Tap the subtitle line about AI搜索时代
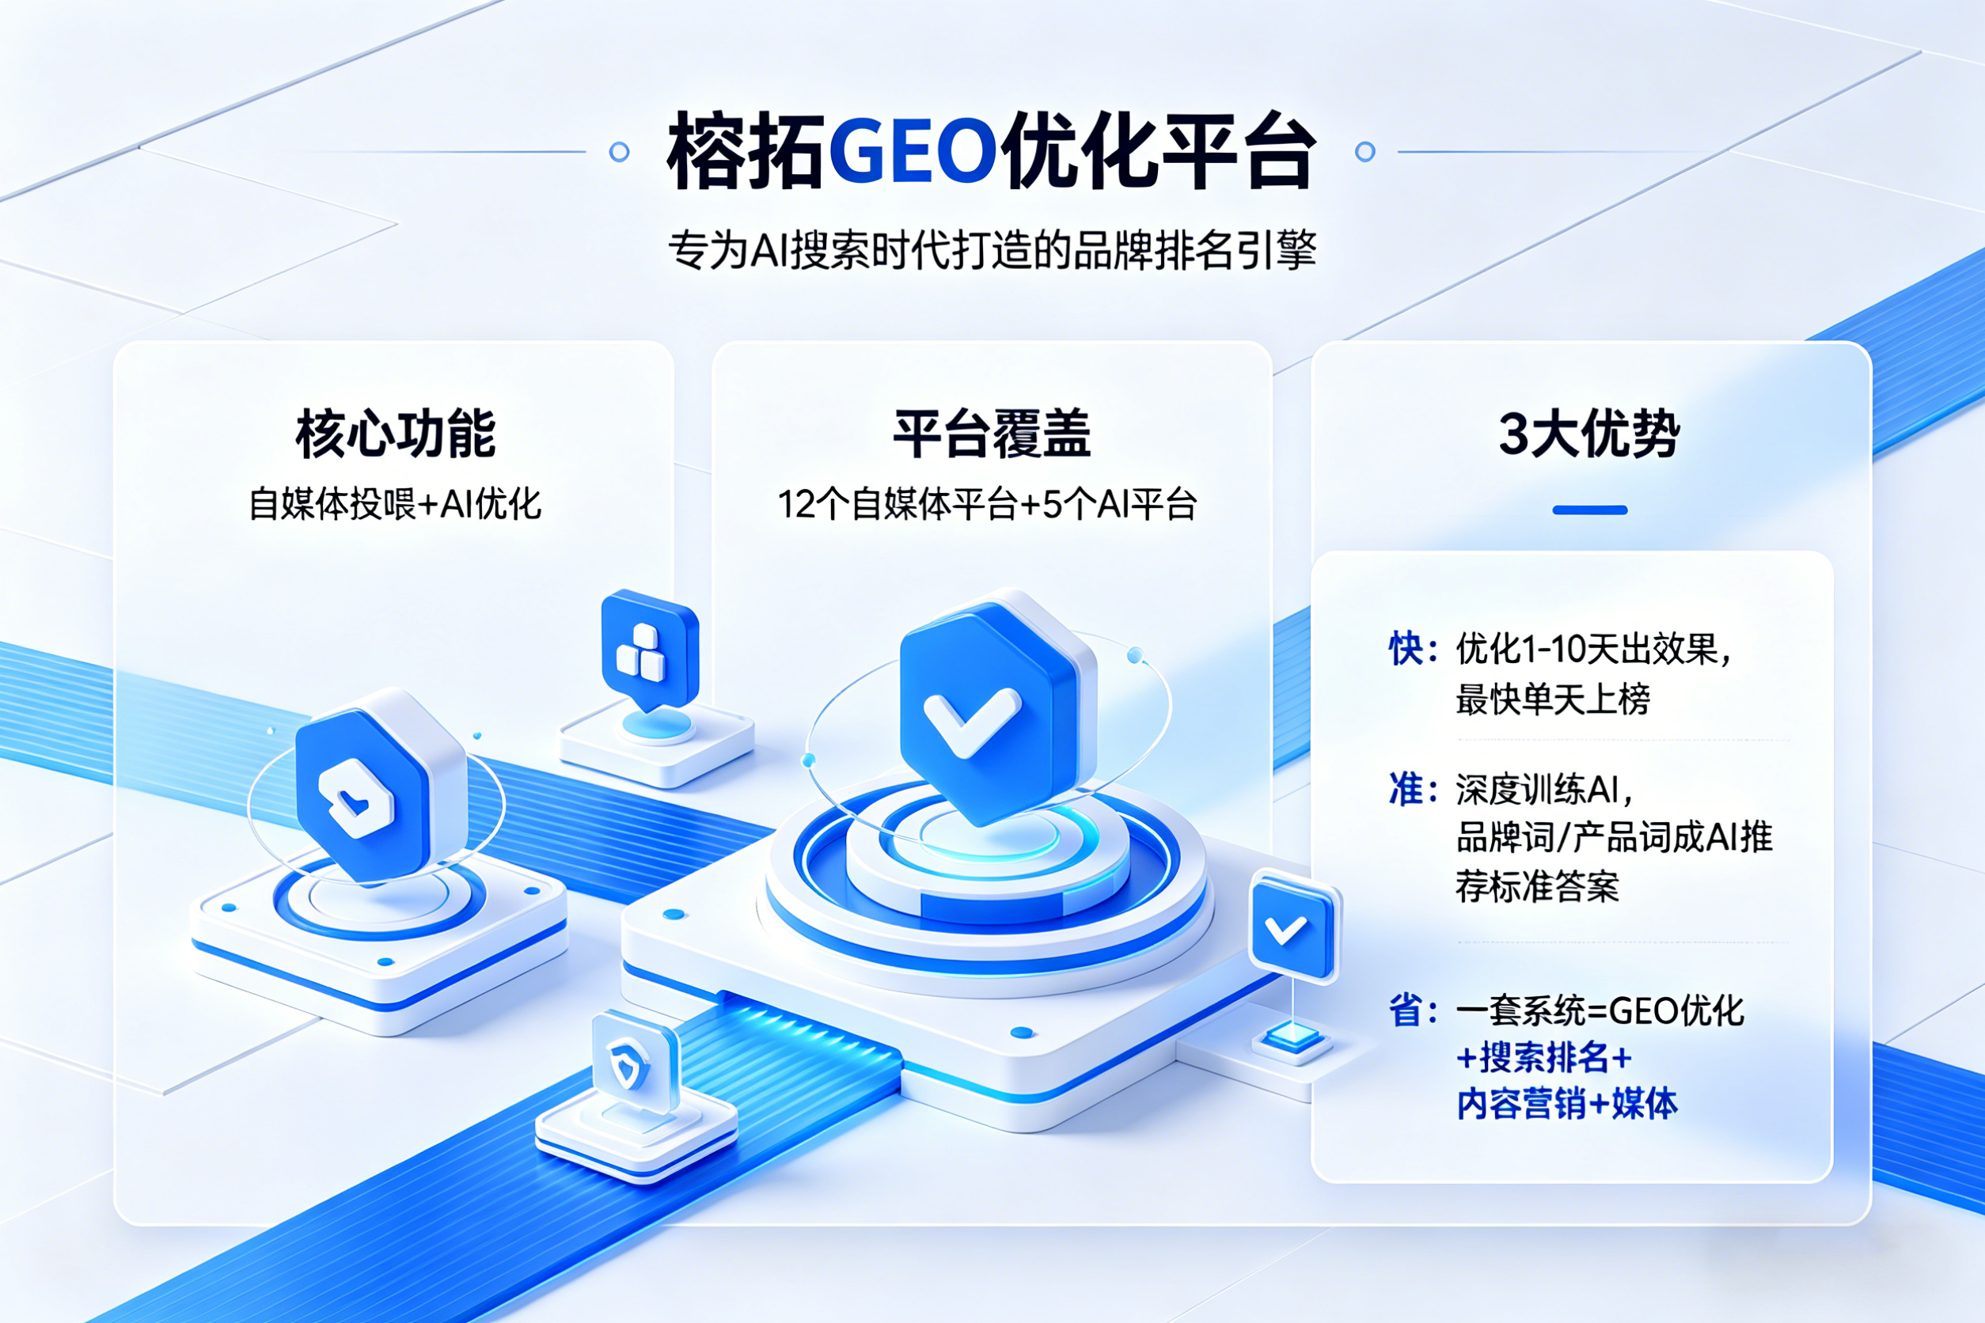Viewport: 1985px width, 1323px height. click(992, 250)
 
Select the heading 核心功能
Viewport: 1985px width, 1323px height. click(395, 434)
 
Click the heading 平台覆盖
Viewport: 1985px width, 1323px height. click(992, 434)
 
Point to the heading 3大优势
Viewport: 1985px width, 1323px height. click(1589, 434)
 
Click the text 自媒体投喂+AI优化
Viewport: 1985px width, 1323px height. click(395, 504)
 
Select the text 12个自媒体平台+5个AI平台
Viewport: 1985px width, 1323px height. click(988, 504)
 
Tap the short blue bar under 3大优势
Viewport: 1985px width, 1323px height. click(1590, 510)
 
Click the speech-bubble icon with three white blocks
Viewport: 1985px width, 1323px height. click(649, 650)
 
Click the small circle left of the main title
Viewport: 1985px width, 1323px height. click(619, 152)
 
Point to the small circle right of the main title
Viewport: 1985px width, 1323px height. click(1364, 152)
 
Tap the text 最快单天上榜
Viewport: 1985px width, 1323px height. click(1553, 699)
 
